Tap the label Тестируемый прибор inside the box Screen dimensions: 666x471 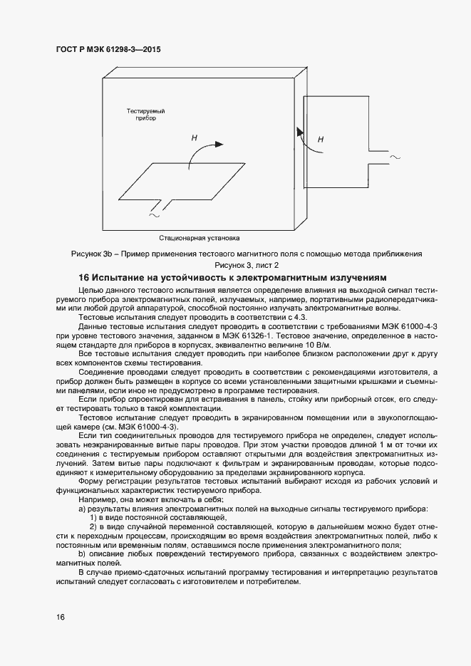pos(145,116)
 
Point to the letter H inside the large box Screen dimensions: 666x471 pos(194,137)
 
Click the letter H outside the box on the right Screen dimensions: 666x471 pos(320,140)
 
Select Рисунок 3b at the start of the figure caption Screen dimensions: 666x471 pos(92,254)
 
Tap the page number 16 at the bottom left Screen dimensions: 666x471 pos(60,617)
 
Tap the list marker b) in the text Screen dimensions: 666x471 pos(82,554)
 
